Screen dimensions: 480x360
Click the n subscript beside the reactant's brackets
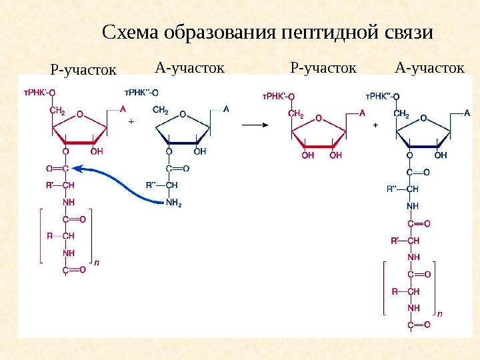pyautogui.click(x=97, y=263)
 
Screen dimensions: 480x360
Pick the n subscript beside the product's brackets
pyautogui.click(x=440, y=312)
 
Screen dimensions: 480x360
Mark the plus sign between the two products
pyautogui.click(x=375, y=124)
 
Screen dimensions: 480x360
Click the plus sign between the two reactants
pyautogui.click(x=131, y=122)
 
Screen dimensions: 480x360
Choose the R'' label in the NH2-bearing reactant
pyautogui.click(x=152, y=185)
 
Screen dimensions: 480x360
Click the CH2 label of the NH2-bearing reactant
pyautogui.click(x=161, y=110)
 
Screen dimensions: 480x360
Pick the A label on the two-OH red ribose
pyautogui.click(x=362, y=113)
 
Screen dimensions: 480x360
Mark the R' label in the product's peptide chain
pyautogui.click(x=395, y=240)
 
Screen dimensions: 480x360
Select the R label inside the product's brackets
pyautogui.click(x=394, y=291)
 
